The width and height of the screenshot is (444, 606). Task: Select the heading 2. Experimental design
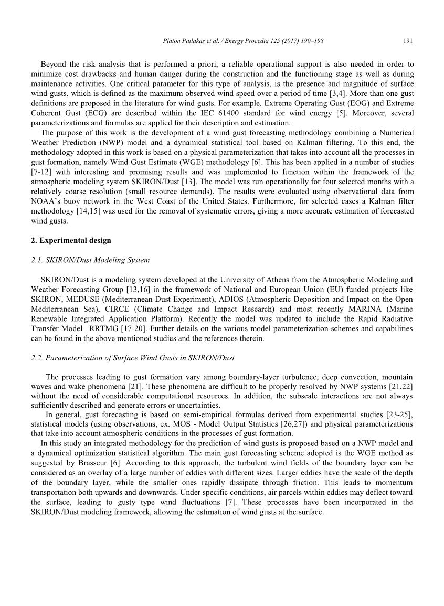(x=71, y=240)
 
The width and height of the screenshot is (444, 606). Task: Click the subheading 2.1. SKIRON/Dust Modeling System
(x=90, y=260)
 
